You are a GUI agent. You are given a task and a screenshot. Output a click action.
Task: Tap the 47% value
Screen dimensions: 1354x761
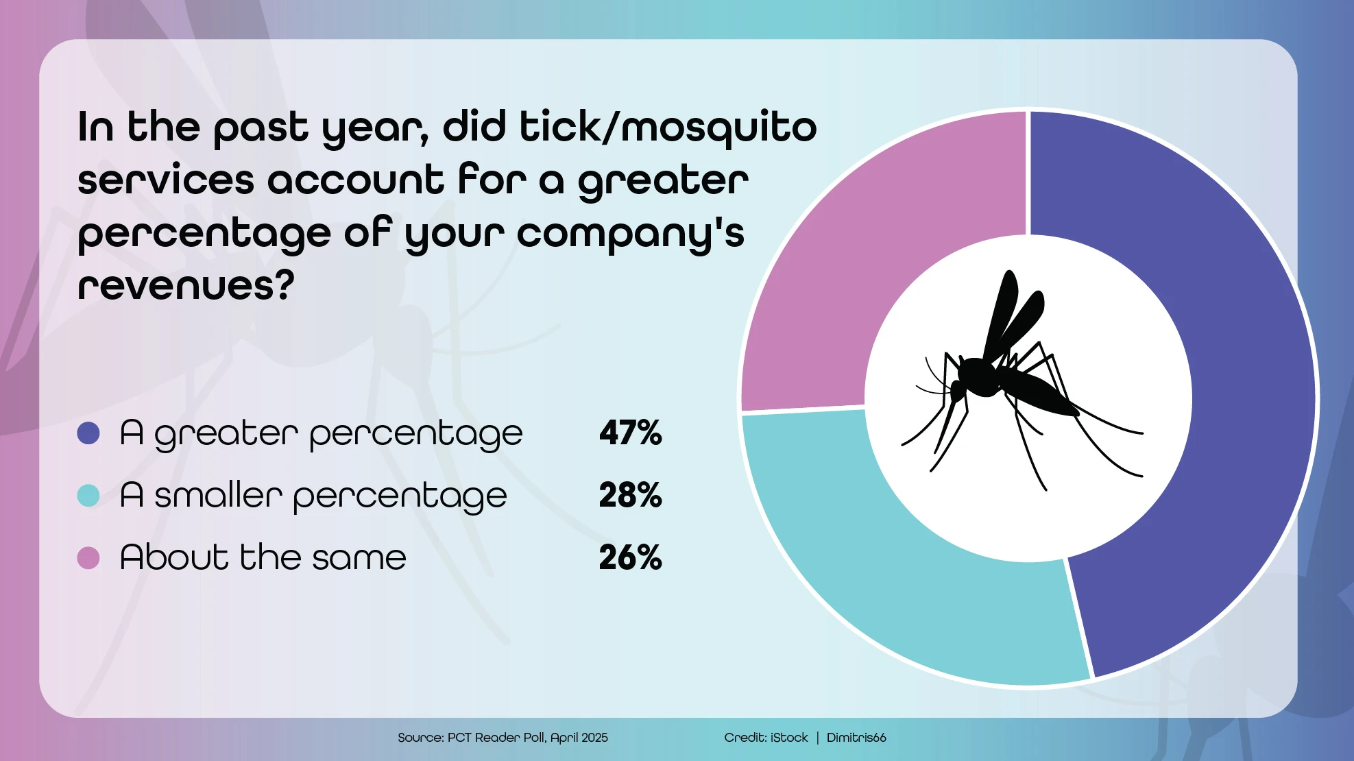pyautogui.click(x=630, y=433)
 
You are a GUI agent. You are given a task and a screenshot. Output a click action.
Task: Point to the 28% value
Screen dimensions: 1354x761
pyautogui.click(x=630, y=495)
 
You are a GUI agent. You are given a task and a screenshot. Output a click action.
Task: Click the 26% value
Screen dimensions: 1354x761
pyautogui.click(x=630, y=557)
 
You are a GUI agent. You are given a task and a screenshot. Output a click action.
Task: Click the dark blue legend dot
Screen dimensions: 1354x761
pyautogui.click(x=88, y=433)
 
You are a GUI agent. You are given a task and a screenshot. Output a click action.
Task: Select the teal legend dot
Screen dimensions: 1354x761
pyautogui.click(x=88, y=495)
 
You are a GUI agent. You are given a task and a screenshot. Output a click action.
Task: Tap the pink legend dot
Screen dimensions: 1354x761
pyautogui.click(x=88, y=557)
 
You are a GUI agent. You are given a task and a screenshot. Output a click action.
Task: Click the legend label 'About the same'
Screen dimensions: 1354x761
pyautogui.click(x=263, y=557)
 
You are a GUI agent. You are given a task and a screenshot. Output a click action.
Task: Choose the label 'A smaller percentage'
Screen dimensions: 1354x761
pyautogui.click(x=313, y=496)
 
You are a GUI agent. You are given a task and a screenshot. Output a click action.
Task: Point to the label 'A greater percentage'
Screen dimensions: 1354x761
pyautogui.click(x=321, y=434)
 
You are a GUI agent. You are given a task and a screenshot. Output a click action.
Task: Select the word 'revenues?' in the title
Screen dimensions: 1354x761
pyautogui.click(x=186, y=285)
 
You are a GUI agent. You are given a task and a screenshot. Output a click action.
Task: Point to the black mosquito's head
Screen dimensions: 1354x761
pyautogui.click(x=957, y=391)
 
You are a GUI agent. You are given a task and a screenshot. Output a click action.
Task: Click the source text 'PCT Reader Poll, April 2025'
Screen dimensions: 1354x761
pyautogui.click(x=527, y=738)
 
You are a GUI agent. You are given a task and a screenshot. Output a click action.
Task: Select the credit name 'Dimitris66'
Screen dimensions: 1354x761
pyautogui.click(x=856, y=738)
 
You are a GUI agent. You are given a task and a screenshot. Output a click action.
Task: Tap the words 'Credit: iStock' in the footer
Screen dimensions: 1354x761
pyautogui.click(x=766, y=738)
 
